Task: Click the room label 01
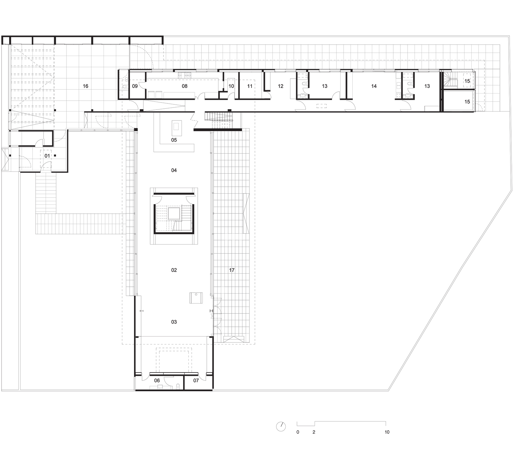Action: click(x=47, y=156)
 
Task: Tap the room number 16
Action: click(x=85, y=86)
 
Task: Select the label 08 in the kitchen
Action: click(x=185, y=86)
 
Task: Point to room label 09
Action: click(x=135, y=86)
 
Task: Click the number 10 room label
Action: click(x=231, y=86)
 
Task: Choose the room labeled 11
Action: click(x=250, y=86)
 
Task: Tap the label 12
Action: click(x=281, y=86)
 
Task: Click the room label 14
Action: click(x=374, y=86)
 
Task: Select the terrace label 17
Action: click(x=232, y=270)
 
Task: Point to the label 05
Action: click(x=174, y=140)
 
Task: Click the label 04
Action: click(x=174, y=170)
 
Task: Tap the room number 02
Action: click(x=174, y=270)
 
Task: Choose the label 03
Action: click(x=174, y=322)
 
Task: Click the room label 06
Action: click(x=157, y=381)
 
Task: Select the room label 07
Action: click(x=196, y=381)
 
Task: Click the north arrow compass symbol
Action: click(x=281, y=426)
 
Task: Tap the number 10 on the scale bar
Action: click(x=387, y=432)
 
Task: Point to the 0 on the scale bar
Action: click(x=298, y=432)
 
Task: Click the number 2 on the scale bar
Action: click(x=314, y=432)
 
